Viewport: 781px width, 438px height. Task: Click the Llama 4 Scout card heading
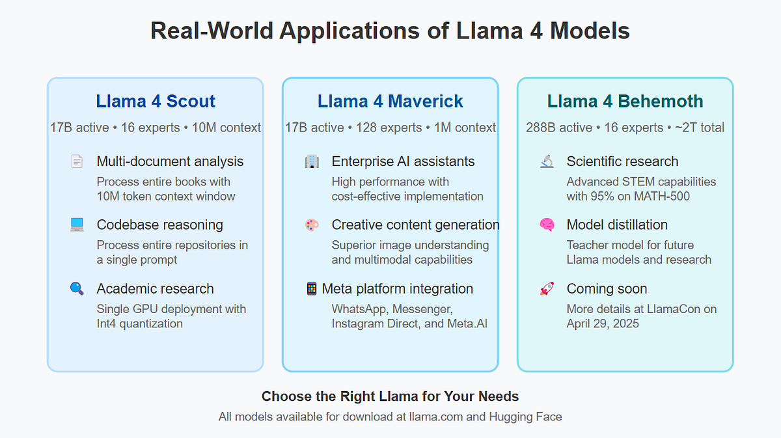[156, 102]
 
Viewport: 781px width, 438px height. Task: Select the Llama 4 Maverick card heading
[390, 102]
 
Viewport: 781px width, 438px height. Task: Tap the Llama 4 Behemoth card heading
[625, 102]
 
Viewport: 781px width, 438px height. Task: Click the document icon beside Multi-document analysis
[77, 161]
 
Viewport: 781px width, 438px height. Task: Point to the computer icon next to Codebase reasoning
[77, 225]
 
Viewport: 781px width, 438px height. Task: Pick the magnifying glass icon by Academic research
[77, 288]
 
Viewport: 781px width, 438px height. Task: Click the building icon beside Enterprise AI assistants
[312, 161]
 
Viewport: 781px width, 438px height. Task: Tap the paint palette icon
[312, 225]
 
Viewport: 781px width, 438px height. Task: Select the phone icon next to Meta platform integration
[312, 288]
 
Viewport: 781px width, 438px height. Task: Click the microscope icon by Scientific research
[547, 161]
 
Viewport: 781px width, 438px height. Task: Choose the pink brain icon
[547, 225]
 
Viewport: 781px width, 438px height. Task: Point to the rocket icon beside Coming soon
[547, 288]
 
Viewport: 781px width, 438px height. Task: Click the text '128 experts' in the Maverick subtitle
[389, 128]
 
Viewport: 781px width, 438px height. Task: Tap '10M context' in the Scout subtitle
[226, 128]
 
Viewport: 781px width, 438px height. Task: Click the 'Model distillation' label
[617, 225]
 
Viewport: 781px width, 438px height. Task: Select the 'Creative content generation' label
[415, 225]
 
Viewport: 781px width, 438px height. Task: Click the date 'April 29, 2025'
[603, 323]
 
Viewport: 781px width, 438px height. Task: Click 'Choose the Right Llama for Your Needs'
[390, 396]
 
